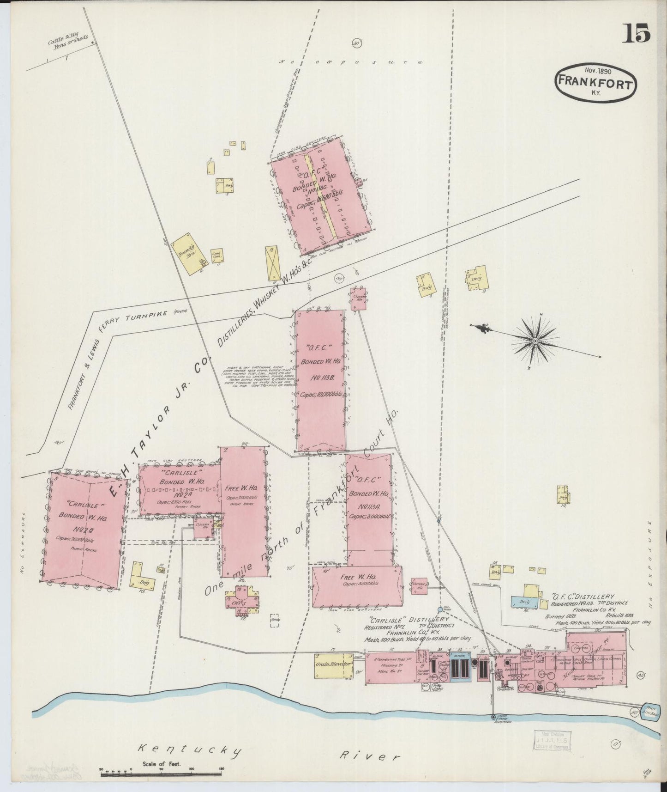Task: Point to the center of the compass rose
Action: point(535,341)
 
